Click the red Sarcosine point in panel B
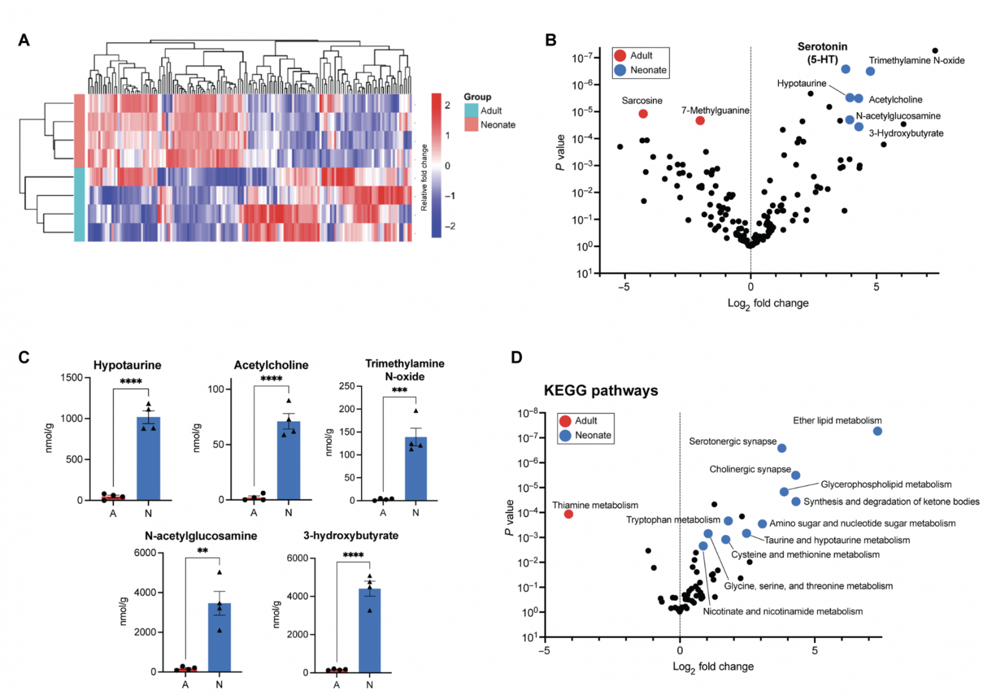[x=643, y=114]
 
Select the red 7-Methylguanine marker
[x=699, y=120]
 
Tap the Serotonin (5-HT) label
[x=822, y=53]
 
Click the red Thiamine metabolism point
[x=568, y=514]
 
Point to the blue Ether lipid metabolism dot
[x=877, y=431]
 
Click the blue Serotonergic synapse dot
[x=781, y=449]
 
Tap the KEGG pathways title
[x=600, y=391]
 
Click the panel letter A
[x=24, y=40]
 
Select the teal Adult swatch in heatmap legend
[x=471, y=111]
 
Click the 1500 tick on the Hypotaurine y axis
[x=71, y=378]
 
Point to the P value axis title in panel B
[x=561, y=152]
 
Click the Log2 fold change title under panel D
[x=712, y=667]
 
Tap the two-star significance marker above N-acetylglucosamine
[x=202, y=551]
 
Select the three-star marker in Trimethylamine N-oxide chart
[x=399, y=390]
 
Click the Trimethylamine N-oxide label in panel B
[x=916, y=61]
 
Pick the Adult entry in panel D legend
[x=585, y=421]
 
